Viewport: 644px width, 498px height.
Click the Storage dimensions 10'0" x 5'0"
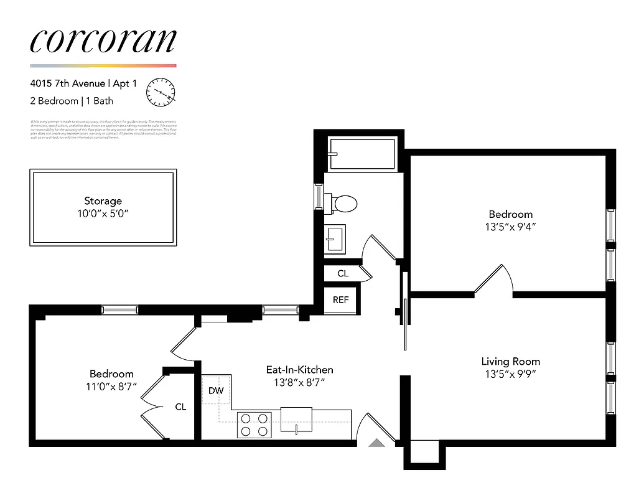(x=103, y=213)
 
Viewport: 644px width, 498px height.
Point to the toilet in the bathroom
(x=344, y=203)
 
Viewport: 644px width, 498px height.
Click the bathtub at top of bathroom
(x=362, y=154)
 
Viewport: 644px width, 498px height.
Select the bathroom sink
(x=337, y=239)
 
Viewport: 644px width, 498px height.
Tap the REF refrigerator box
(x=341, y=299)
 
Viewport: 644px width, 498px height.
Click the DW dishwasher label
(x=216, y=390)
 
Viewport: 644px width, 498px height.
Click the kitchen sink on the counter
(x=296, y=416)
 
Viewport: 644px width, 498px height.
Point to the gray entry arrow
(x=377, y=443)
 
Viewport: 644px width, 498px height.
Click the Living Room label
(x=510, y=361)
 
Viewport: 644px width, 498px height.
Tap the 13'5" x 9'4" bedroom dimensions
(x=510, y=227)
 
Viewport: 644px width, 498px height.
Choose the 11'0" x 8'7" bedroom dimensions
(x=111, y=386)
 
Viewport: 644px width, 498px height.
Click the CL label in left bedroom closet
(x=180, y=407)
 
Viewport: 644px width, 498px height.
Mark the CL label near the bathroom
(x=343, y=273)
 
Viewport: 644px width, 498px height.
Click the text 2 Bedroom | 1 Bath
(x=72, y=101)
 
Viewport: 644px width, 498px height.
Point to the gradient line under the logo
(x=103, y=65)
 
